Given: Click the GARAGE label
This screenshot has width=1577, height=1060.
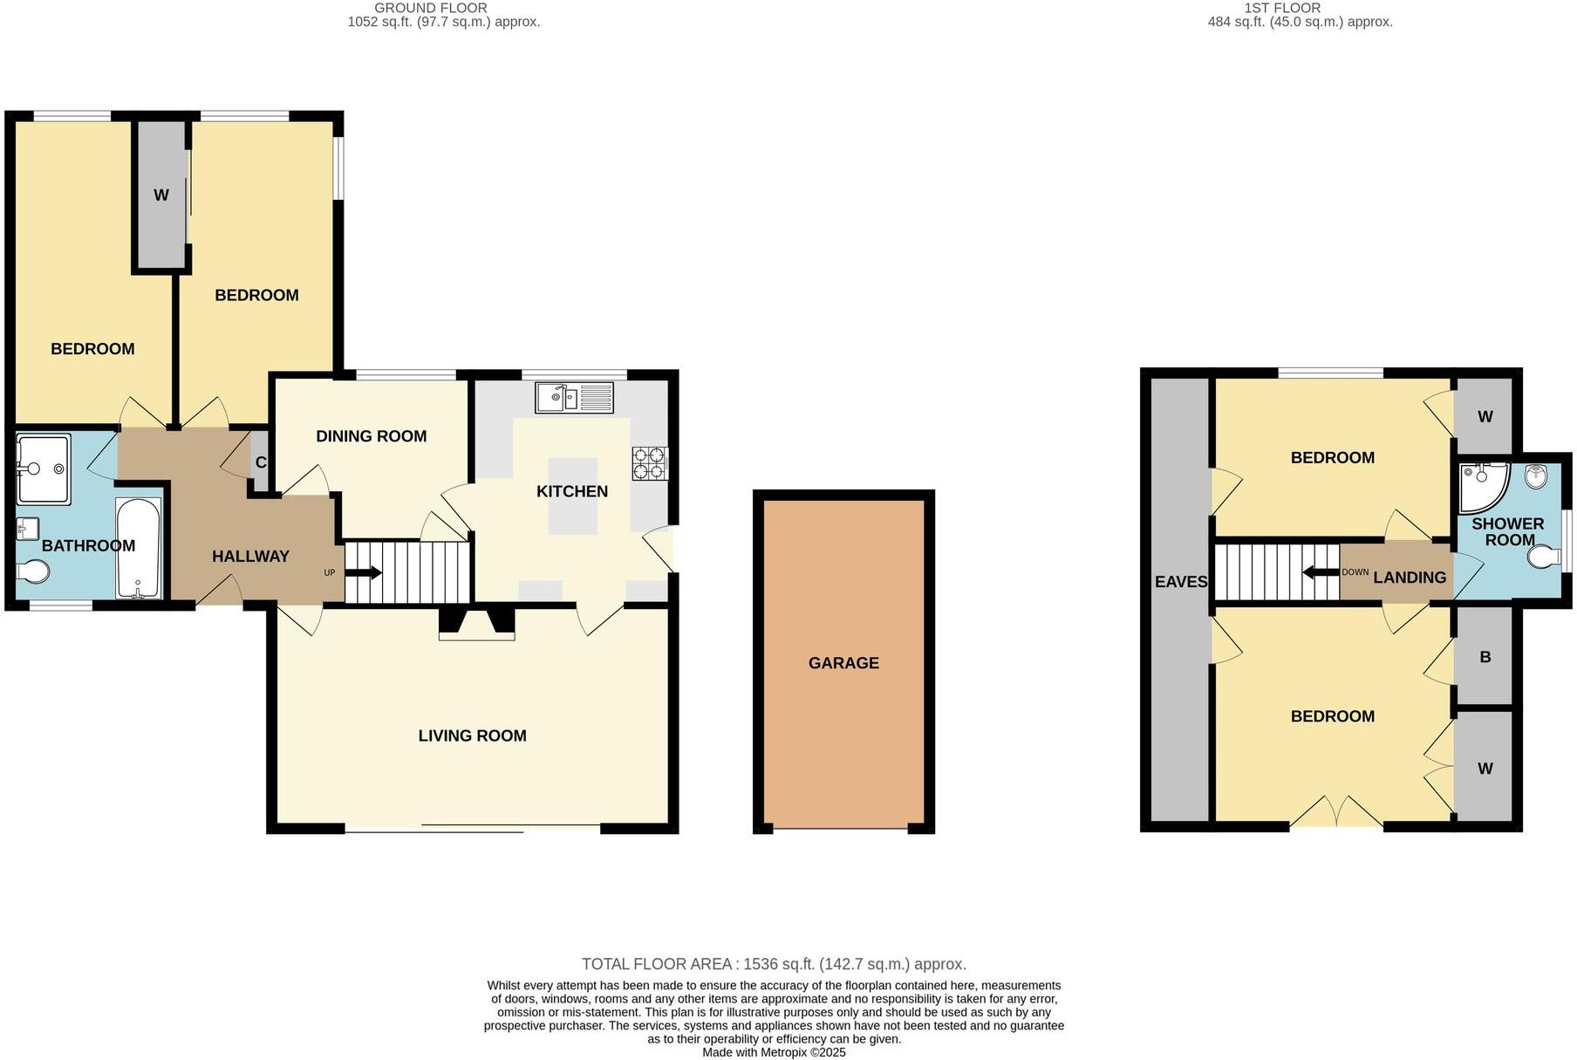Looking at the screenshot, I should pos(843,663).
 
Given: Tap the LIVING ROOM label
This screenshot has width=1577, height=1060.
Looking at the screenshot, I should pos(472,735).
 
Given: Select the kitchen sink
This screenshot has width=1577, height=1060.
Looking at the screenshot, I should pos(576,398).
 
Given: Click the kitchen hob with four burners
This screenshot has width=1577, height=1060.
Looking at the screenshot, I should pos(650,463).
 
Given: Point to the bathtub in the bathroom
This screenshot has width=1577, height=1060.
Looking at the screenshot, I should pos(139,548).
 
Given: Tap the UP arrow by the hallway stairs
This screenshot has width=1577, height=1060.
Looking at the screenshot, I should pos(363,573).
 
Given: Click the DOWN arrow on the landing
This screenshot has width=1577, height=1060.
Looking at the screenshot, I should pos(1321,573).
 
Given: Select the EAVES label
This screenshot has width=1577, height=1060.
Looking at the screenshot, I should pos(1181,582).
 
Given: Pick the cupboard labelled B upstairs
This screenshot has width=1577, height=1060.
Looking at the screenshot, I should pos(1485,657).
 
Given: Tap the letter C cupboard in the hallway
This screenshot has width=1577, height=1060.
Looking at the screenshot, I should pos(260,463).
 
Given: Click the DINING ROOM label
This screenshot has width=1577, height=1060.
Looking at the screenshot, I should pos(371,436).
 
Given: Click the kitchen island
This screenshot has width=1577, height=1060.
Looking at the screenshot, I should pos(572,496).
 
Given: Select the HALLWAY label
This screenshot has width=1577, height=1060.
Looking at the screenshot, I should pos(250,556).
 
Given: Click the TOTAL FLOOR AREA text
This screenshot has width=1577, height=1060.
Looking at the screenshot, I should pos(774,964).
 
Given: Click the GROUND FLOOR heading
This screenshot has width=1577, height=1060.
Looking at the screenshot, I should pos(443,8).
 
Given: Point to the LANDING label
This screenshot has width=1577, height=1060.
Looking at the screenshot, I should pos(1410,578).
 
